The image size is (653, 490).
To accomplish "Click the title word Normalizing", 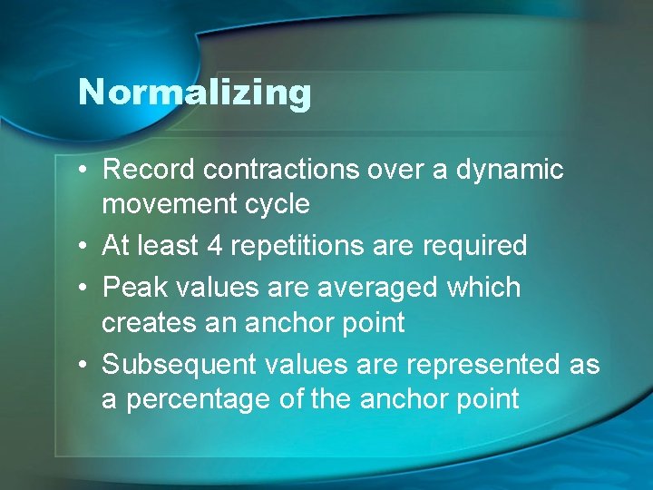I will tap(194, 92).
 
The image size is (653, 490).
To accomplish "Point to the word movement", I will tap(168, 204).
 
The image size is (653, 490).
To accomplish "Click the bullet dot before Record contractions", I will tap(83, 170).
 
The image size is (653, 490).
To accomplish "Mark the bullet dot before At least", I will tap(83, 245).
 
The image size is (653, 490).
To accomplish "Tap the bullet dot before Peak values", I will tap(83, 288).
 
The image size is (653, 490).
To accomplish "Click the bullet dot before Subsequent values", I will tap(83, 365).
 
